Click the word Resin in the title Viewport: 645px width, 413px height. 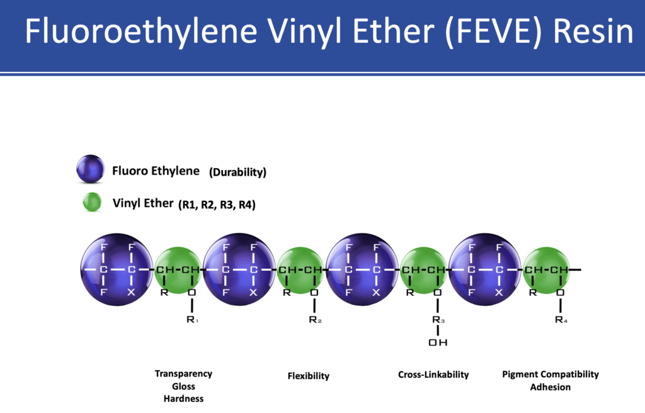click(x=593, y=31)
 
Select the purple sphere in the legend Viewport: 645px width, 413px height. click(x=91, y=169)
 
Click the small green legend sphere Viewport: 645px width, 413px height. click(x=92, y=202)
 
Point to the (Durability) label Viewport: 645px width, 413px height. click(x=237, y=172)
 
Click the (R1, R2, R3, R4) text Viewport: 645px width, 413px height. click(x=217, y=205)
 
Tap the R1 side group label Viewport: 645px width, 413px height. click(x=192, y=320)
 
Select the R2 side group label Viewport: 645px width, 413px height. click(x=315, y=320)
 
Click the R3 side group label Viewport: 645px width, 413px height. click(x=438, y=320)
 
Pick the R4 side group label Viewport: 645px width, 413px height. click(x=561, y=320)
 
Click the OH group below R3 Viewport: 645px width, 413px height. click(x=438, y=342)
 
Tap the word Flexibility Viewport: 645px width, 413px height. click(x=309, y=376)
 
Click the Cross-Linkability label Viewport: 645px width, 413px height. click(x=433, y=375)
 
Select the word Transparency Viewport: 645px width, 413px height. click(x=183, y=374)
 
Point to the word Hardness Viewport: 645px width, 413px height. click(x=183, y=399)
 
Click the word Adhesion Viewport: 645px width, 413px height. click(x=551, y=387)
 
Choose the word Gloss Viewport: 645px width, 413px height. click(x=183, y=387)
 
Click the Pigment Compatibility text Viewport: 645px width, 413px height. click(x=551, y=375)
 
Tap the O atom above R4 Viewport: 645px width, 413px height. click(x=560, y=293)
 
